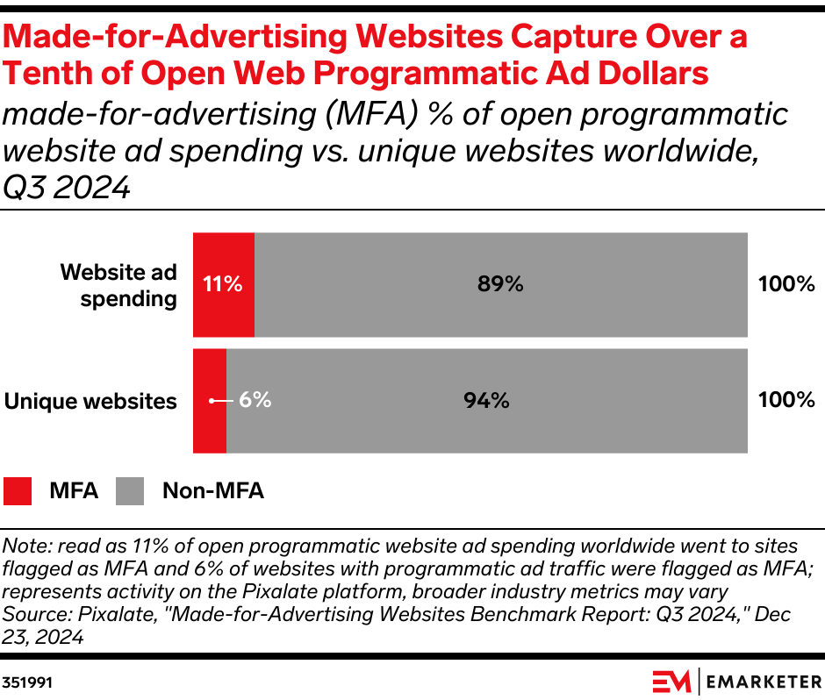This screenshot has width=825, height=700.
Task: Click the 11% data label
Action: tap(222, 284)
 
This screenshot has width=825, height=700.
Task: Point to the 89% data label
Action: tap(500, 284)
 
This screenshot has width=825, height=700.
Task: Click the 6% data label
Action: tap(255, 400)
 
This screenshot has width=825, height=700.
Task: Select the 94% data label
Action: tap(486, 401)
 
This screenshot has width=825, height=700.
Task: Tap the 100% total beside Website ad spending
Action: tap(786, 284)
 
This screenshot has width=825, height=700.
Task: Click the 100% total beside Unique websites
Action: tap(786, 401)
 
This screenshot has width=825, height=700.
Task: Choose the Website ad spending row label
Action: tap(118, 285)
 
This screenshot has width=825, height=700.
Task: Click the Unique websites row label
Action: tap(90, 402)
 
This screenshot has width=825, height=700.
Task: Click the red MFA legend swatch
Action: tap(18, 490)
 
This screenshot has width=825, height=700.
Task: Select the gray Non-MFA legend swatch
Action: tap(130, 490)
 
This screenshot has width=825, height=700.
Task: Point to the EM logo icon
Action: tap(671, 681)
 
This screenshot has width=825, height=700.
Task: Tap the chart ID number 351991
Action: tap(27, 682)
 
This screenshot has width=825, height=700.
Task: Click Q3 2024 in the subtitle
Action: tap(67, 186)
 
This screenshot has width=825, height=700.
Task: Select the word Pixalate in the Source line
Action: tap(92, 615)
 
